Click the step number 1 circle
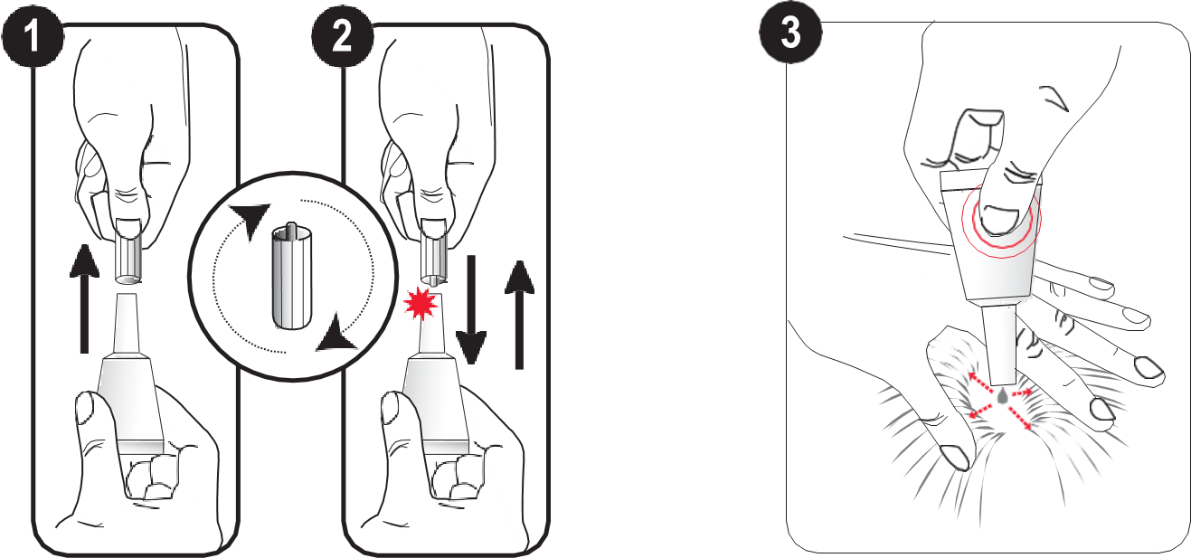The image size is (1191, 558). (x=33, y=36)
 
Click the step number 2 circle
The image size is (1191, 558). (x=343, y=36)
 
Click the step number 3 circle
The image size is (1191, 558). (x=790, y=33)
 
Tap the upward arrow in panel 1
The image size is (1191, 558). (x=84, y=298)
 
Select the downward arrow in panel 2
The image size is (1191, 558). (x=471, y=309)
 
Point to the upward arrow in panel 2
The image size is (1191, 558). (x=519, y=315)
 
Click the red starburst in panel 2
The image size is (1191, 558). (x=420, y=304)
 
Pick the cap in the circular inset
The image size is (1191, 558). (x=291, y=276)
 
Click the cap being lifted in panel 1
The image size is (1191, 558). (x=128, y=250)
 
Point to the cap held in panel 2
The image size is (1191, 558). (x=434, y=250)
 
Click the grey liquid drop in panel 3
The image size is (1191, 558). (x=1002, y=396)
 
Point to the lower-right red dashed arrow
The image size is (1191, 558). (x=1020, y=418)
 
